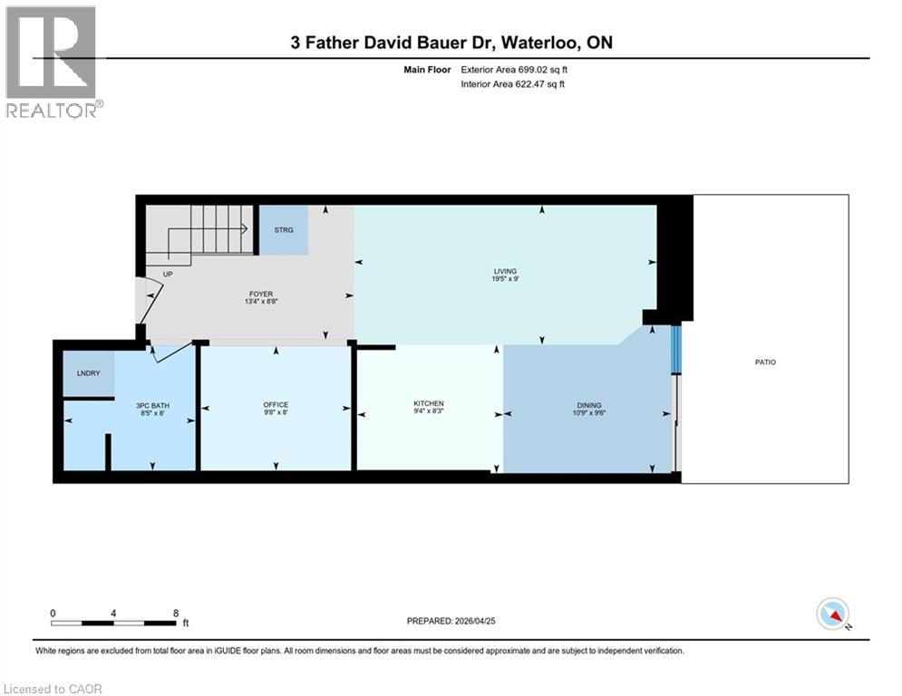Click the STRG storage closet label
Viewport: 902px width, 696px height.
click(284, 230)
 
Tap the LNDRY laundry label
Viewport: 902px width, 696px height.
click(88, 373)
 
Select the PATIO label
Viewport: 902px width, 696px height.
click(765, 362)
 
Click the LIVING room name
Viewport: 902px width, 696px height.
click(505, 271)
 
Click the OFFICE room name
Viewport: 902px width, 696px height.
click(276, 405)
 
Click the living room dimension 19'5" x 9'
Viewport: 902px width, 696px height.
click(505, 280)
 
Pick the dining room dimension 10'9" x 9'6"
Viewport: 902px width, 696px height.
click(589, 415)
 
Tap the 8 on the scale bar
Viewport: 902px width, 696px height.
click(175, 613)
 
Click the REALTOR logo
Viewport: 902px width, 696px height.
click(52, 62)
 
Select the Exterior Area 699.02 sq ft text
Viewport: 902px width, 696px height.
click(515, 69)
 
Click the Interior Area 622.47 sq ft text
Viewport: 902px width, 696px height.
click(515, 84)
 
